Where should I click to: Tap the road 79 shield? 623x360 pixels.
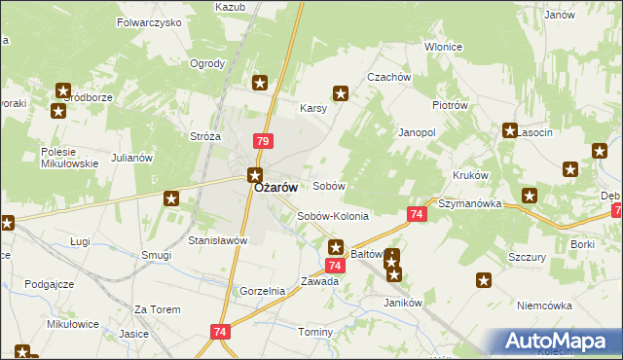pos(262,141)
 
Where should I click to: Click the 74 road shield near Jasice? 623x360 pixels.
pos(218,333)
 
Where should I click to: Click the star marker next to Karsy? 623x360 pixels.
pos(341,93)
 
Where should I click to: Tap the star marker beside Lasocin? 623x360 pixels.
pos(509,130)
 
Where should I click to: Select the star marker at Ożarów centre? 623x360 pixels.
pos(254,176)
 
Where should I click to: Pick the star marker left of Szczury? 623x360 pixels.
pos(484,280)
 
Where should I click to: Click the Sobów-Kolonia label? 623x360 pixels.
pos(333,216)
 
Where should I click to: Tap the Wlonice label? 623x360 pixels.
pos(443,47)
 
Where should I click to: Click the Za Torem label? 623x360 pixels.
pos(158,309)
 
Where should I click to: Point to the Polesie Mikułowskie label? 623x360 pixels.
pos(70,158)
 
